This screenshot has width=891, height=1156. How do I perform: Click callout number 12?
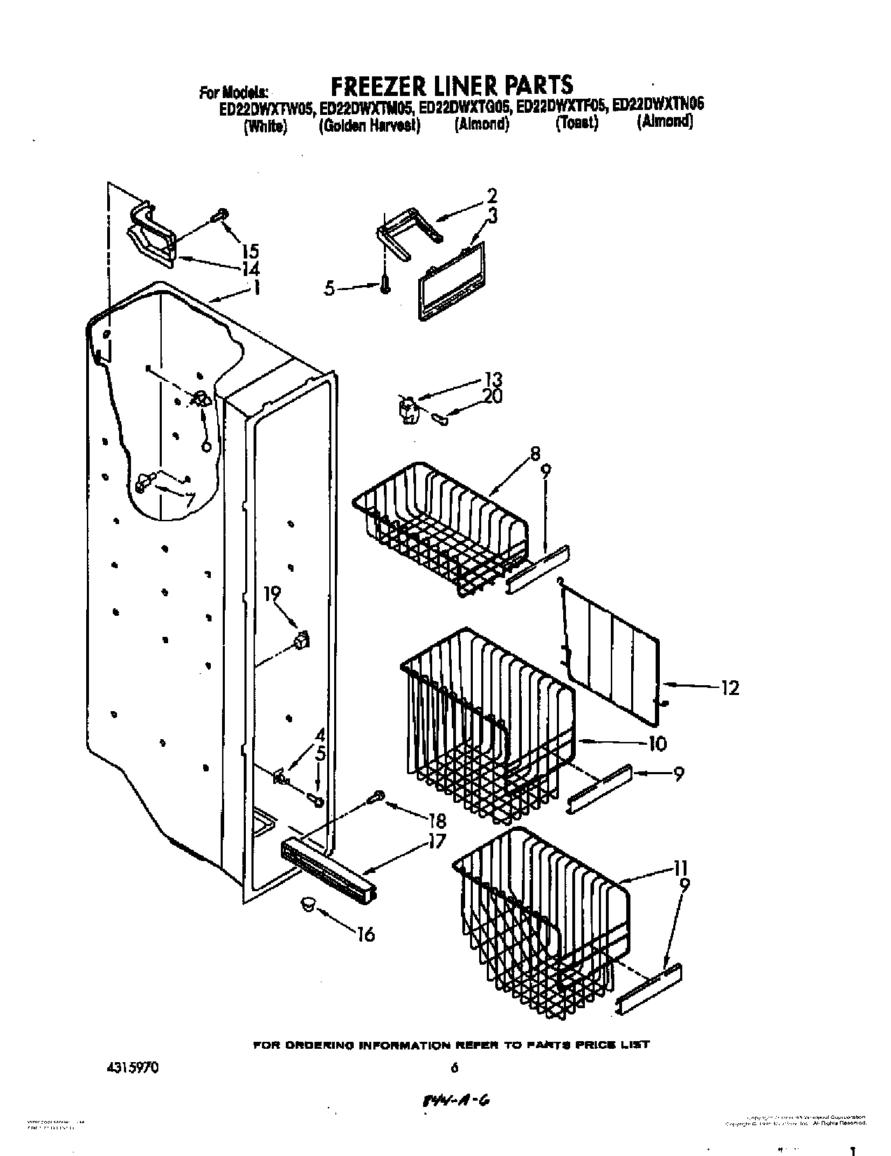tap(729, 688)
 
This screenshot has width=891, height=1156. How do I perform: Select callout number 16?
tap(365, 934)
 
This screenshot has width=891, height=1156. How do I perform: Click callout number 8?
tap(535, 453)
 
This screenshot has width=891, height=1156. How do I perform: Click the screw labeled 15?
tap(221, 214)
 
